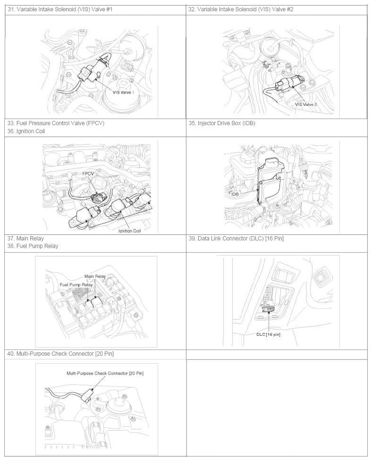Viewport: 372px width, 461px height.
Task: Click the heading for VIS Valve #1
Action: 60,9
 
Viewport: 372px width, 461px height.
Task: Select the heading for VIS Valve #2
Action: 241,9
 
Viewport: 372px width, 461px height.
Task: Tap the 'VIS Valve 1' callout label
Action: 123,92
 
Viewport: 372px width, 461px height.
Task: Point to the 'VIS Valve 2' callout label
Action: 306,104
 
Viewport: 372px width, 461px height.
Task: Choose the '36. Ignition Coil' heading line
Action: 26,131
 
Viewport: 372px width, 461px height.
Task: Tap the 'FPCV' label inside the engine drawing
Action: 88,174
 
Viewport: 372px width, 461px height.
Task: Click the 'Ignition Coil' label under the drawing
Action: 129,231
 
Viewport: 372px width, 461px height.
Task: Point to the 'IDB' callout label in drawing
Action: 235,194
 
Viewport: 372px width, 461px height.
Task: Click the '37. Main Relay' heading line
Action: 25,239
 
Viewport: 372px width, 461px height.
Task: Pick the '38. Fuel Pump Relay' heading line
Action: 33,246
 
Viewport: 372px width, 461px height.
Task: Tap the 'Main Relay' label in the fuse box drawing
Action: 95,276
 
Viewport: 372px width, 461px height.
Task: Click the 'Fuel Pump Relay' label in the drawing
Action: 76,285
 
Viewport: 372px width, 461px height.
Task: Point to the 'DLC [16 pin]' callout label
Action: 268,334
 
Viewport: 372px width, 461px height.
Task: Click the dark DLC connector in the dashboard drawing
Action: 268,309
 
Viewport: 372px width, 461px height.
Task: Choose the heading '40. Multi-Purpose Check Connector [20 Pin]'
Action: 60,354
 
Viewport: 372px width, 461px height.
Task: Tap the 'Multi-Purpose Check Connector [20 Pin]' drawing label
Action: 105,374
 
